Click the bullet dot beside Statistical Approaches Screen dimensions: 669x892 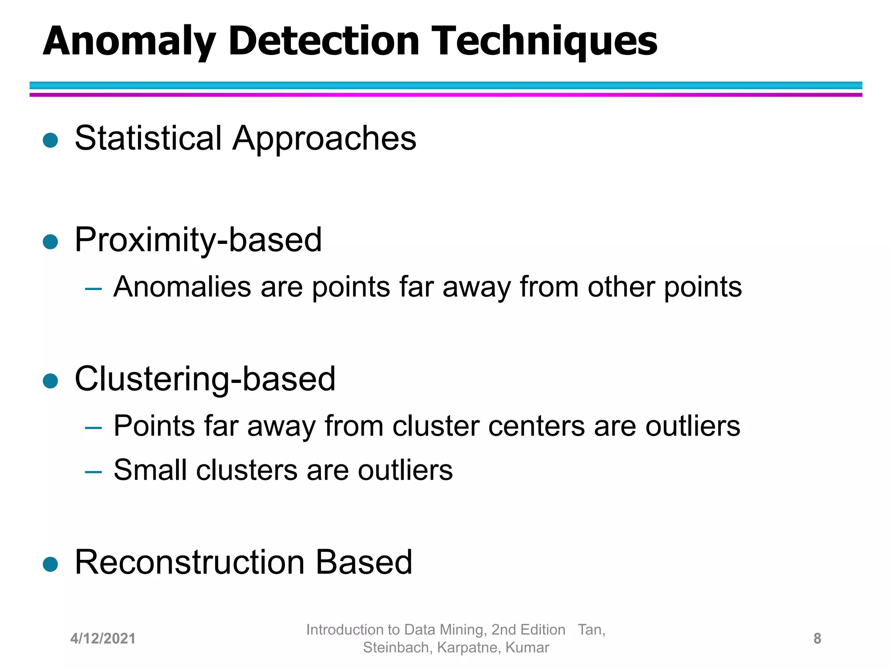[x=51, y=140]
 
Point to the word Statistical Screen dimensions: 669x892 [x=148, y=139]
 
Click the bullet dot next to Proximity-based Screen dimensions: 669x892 [x=51, y=242]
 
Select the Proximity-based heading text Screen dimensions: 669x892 [x=198, y=240]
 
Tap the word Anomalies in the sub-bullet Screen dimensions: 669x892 [x=182, y=287]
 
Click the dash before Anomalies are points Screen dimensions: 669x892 [x=93, y=289]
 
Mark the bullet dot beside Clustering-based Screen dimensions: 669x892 [x=51, y=381]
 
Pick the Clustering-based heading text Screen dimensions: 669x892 [x=205, y=379]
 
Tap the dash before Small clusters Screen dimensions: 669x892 [x=93, y=472]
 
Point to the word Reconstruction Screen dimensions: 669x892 [x=190, y=563]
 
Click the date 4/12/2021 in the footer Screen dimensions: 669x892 [x=103, y=639]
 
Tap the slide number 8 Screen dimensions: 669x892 [x=817, y=639]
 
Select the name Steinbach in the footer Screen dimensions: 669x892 [x=397, y=648]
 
